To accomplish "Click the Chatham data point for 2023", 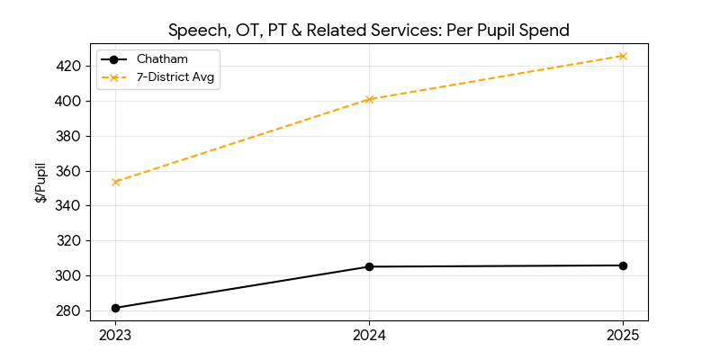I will pos(115,308).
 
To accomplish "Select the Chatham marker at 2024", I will pos(369,266).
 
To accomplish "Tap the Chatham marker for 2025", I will pos(623,265).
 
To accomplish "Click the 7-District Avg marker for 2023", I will pos(115,182).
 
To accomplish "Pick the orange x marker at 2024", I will pos(369,99).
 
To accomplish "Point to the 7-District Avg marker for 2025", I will pos(623,56).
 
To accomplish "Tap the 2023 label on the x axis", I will pos(115,336).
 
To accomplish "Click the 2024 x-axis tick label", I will pos(369,336).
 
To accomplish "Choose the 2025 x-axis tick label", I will pos(623,336).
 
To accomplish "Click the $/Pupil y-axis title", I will pos(40,183).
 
